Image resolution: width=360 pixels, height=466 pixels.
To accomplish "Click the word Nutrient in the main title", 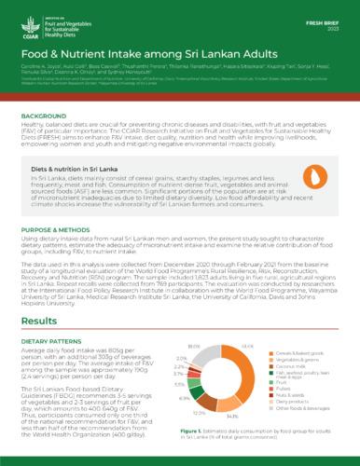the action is [117, 56].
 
